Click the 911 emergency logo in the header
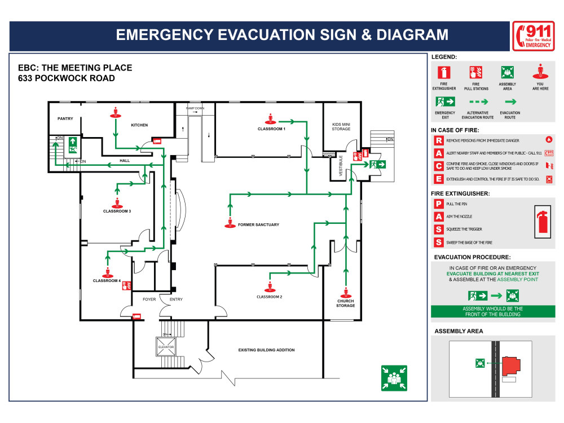pyautogui.click(x=532, y=37)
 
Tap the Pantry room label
pyautogui.click(x=66, y=119)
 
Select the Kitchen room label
pyautogui.click(x=139, y=125)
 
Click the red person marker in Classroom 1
pyautogui.click(x=271, y=119)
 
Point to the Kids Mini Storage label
pyautogui.click(x=341, y=126)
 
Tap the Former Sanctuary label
pyautogui.click(x=258, y=224)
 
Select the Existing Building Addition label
pyautogui.click(x=266, y=350)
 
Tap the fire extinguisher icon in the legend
pyautogui.click(x=444, y=72)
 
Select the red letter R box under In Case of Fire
pyautogui.click(x=438, y=140)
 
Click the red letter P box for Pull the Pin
pyautogui.click(x=438, y=204)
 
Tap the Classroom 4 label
pyautogui.click(x=107, y=280)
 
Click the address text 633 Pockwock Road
pyautogui.click(x=67, y=78)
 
